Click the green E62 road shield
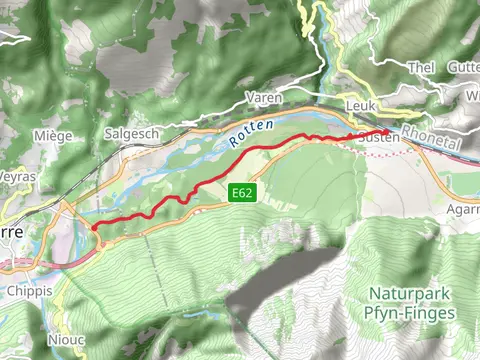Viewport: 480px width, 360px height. tap(241, 191)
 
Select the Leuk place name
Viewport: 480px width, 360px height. tap(359, 104)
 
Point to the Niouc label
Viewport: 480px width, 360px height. tap(67, 339)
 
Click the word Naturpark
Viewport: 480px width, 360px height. tap(411, 295)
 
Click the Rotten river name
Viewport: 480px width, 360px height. tap(247, 137)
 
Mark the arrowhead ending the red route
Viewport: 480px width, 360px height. tap(387, 131)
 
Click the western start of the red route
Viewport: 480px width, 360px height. tap(94, 228)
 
